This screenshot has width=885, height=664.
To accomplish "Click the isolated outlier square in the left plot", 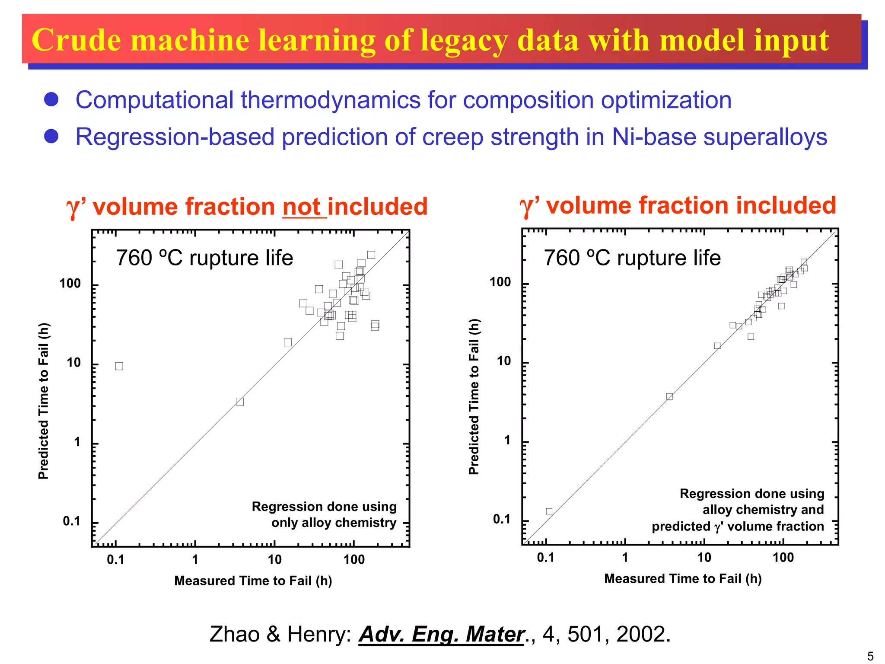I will coord(119,366).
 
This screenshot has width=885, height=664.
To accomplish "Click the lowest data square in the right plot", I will coord(549,511).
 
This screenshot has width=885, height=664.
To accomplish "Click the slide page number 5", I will coord(870,656).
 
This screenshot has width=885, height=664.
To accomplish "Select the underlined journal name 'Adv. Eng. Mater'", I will coord(441,634).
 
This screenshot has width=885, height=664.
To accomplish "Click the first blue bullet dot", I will coord(51,99).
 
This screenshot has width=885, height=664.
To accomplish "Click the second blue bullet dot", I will coord(51,136).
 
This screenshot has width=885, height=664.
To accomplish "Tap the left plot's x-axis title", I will coord(253,581).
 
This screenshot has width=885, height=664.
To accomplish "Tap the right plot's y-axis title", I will coord(474,397).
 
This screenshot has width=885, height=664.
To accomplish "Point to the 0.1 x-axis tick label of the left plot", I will coord(115,560).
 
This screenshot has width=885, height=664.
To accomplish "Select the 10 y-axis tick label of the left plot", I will coord(74,363).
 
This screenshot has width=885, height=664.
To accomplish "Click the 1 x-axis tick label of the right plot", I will coord(625,558).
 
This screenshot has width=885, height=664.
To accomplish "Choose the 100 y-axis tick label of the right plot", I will coord(500,282).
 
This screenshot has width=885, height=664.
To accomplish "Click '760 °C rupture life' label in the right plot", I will coord(632,258).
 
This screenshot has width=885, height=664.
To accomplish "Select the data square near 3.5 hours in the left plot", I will coord(240,402).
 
